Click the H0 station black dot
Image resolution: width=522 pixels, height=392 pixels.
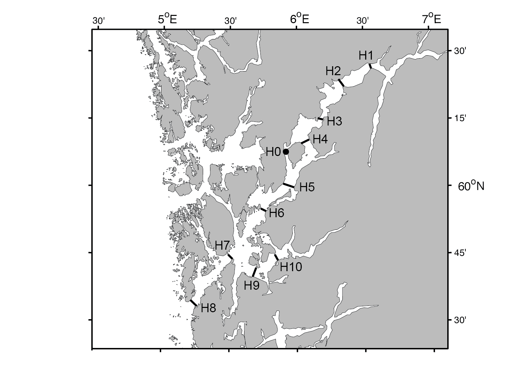click(286, 152)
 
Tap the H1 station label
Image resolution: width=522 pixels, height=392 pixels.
click(366, 56)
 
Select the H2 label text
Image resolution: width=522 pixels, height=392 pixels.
click(333, 71)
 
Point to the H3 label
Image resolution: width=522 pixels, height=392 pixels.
click(334, 122)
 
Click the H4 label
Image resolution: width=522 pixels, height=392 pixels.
click(320, 139)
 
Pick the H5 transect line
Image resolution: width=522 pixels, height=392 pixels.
click(289, 185)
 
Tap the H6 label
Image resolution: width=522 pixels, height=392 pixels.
click(277, 213)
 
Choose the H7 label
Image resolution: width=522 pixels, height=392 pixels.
click(222, 246)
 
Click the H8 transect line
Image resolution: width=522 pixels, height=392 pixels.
click(194, 303)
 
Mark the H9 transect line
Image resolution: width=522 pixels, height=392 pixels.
click(254, 272)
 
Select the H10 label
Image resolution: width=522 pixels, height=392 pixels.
click(291, 267)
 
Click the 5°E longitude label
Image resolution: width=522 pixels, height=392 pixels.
click(167, 20)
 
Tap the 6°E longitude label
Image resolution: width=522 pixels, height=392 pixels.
click(300, 20)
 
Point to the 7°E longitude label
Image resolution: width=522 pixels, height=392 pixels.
click(432, 20)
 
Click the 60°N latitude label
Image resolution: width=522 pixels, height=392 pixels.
click(471, 186)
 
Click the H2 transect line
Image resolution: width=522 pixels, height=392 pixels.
click(341, 83)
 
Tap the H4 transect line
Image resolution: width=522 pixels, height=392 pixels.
click(305, 142)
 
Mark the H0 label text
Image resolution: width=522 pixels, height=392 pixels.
click(273, 152)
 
